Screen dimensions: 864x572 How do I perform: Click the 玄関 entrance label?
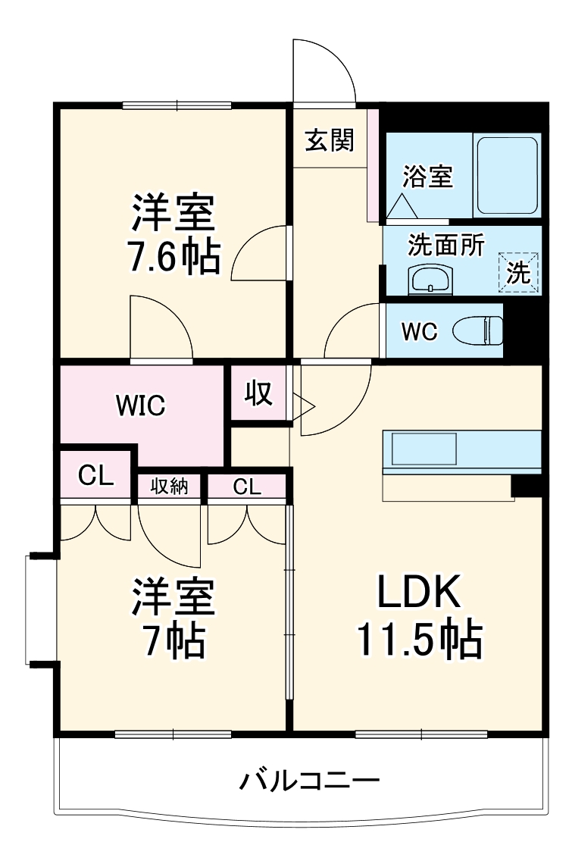[330, 140]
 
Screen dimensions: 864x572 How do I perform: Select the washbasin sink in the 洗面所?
[430, 280]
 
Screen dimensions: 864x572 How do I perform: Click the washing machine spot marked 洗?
[519, 273]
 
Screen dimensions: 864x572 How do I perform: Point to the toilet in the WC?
[479, 331]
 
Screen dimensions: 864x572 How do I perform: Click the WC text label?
[419, 333]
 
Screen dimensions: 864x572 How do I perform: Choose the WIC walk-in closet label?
[140, 406]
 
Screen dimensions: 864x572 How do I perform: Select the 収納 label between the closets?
[168, 487]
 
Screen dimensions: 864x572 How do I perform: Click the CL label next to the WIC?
[96, 477]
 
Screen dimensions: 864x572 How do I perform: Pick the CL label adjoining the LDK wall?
[247, 487]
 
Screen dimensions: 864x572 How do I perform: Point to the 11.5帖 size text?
[419, 641]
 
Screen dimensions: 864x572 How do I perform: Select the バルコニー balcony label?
[310, 780]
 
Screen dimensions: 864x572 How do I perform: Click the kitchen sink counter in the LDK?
[424, 448]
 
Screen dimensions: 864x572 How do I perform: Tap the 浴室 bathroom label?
[427, 177]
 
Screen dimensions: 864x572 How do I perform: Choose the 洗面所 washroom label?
[445, 246]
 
